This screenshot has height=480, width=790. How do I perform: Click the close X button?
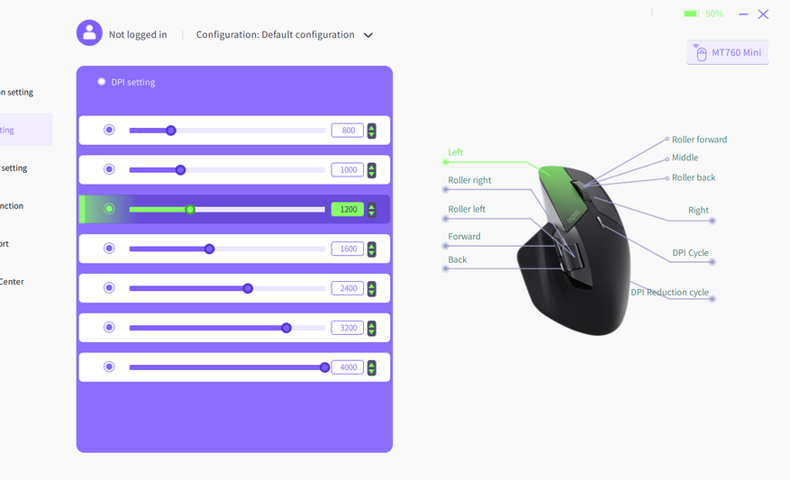[x=763, y=14]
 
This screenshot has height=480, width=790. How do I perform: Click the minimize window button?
[x=743, y=14]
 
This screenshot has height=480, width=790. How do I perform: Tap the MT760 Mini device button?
[x=728, y=52]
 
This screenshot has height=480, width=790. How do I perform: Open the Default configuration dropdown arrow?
[x=368, y=36]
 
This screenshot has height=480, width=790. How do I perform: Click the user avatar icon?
[x=89, y=33]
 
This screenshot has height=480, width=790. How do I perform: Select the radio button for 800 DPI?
[x=109, y=130]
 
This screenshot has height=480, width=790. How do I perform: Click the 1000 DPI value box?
[x=348, y=169]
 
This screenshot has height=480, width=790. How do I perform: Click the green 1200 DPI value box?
[x=348, y=209]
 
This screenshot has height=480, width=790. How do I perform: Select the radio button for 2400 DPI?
[x=109, y=288]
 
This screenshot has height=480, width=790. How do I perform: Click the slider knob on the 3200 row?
[x=286, y=328]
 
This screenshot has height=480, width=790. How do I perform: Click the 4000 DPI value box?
[x=348, y=367]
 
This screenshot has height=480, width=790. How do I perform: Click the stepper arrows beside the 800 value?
[x=371, y=131]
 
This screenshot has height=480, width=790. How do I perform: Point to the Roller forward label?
[x=699, y=140]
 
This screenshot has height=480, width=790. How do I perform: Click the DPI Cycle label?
[x=690, y=253]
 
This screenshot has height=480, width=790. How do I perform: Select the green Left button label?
[x=456, y=152]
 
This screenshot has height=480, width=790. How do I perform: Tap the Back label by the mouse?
[x=458, y=259]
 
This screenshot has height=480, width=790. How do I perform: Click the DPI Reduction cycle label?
[x=669, y=293]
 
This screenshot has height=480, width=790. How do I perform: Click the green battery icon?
[x=691, y=14]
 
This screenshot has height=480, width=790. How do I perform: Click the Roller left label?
[x=467, y=209]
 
